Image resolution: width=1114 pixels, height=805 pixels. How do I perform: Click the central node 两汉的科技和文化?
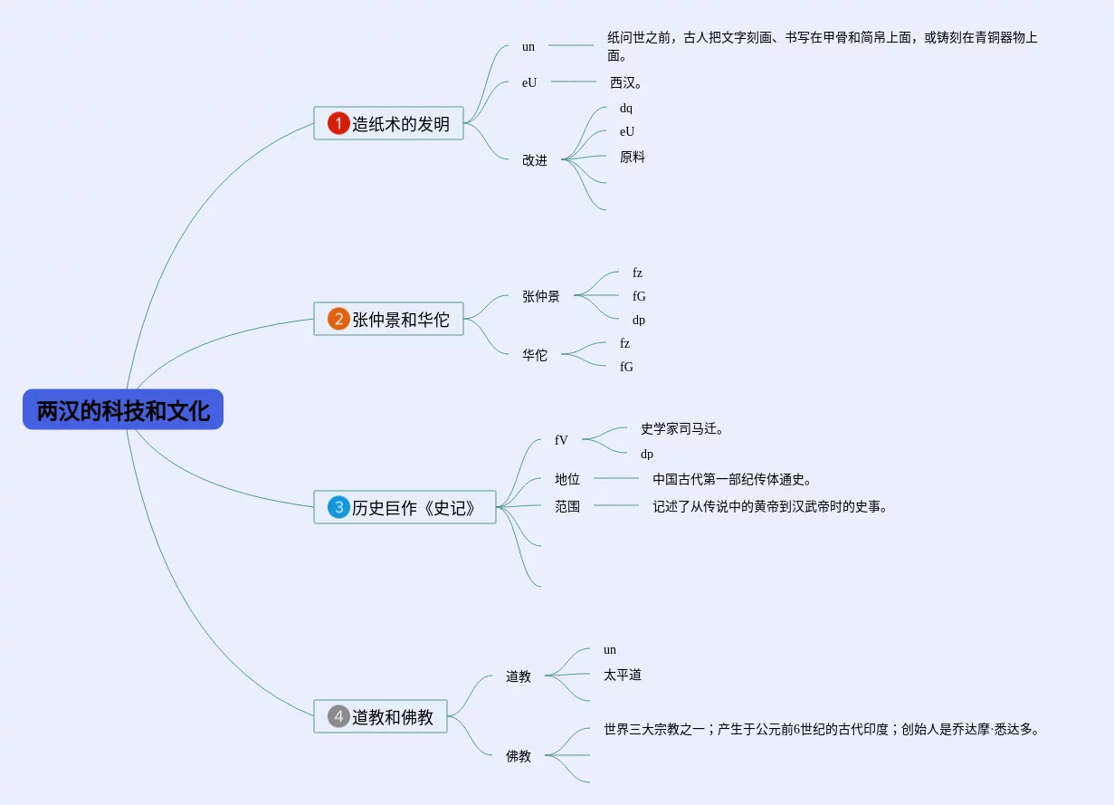[x=123, y=410]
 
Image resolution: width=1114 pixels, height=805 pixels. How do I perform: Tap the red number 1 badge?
[x=338, y=123]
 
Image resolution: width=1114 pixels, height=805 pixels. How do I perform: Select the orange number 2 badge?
[x=338, y=319]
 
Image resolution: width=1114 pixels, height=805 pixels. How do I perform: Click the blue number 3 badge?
[x=338, y=507]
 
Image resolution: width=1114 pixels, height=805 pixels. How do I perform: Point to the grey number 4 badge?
[x=338, y=716]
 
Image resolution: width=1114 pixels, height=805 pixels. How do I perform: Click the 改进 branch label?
[x=535, y=160]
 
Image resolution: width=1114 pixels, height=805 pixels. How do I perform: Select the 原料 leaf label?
[x=633, y=157]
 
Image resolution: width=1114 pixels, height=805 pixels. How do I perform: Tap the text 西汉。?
[x=626, y=82]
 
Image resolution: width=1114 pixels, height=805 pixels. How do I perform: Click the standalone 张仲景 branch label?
[x=541, y=296]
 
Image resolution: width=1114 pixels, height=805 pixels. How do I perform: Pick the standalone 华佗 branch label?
[x=535, y=355]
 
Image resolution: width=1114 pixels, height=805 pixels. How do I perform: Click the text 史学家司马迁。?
[x=682, y=428]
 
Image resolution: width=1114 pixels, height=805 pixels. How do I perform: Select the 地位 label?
[x=567, y=479]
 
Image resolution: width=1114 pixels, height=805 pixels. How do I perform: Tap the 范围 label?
[x=567, y=506]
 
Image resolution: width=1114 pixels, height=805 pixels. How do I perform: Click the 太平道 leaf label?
[x=623, y=675]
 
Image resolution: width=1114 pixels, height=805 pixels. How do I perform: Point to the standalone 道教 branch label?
[x=519, y=676]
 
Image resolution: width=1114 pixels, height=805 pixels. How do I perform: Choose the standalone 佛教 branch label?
[x=519, y=756]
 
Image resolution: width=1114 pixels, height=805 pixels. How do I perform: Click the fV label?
[x=561, y=440]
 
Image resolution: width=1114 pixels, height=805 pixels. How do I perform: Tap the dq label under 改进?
[x=626, y=109]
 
